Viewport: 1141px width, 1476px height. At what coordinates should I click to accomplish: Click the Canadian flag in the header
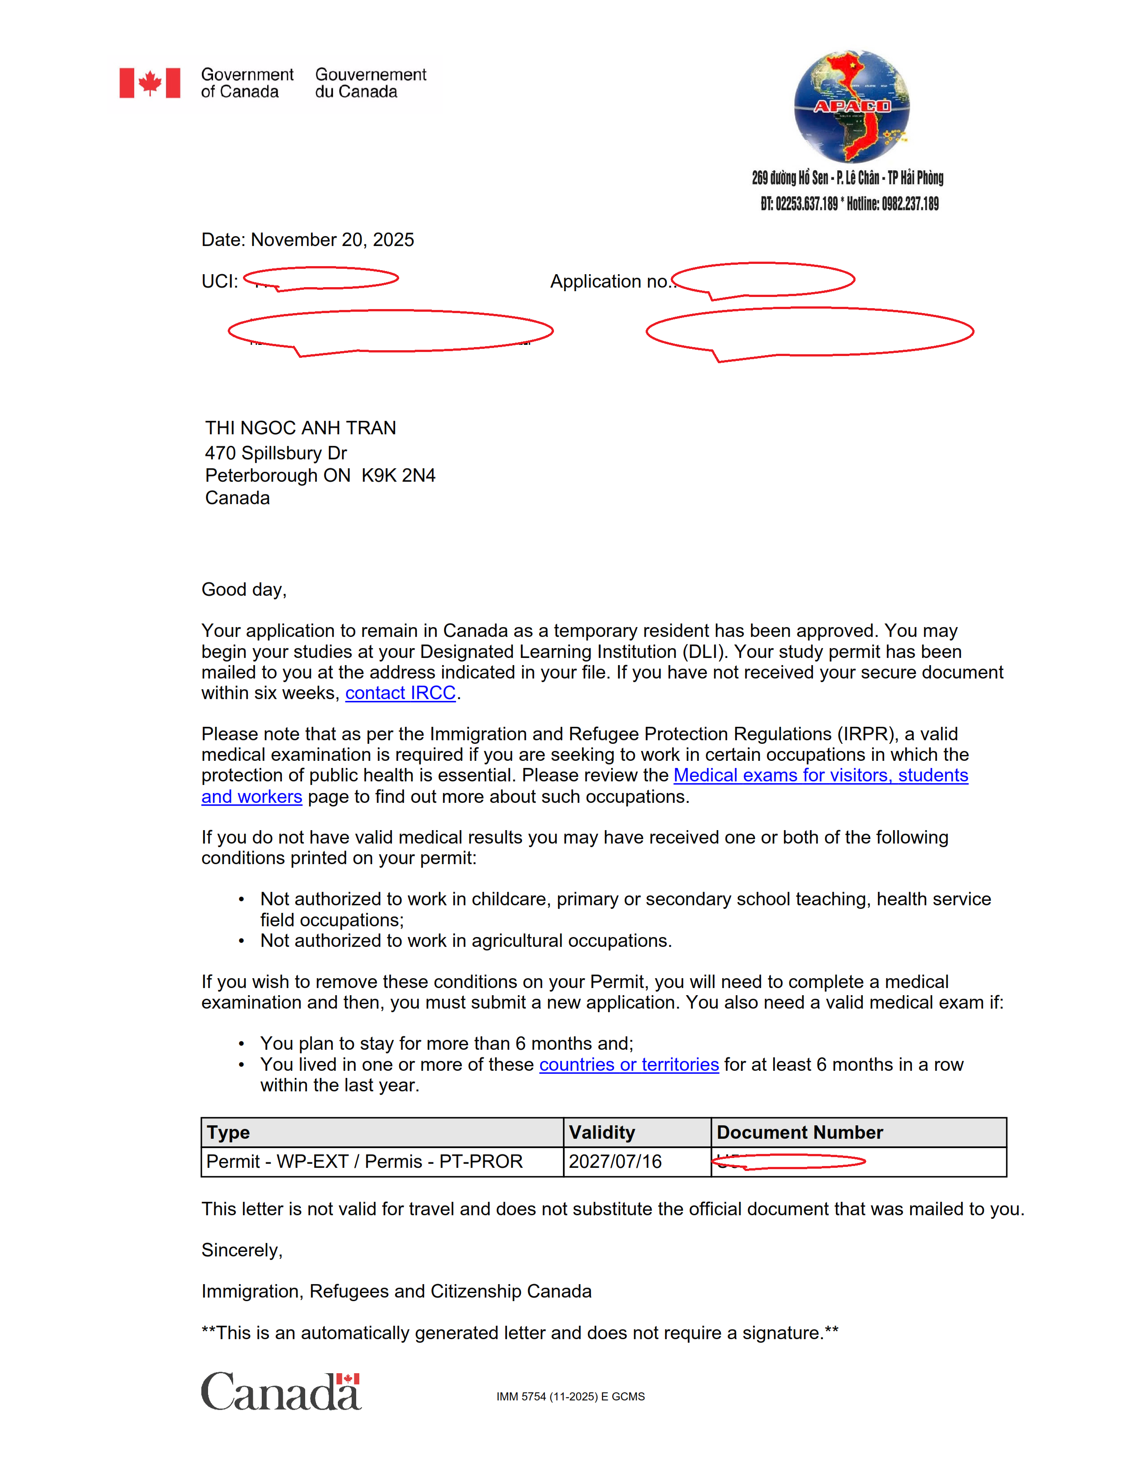(149, 83)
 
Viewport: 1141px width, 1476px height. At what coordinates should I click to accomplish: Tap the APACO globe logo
(851, 107)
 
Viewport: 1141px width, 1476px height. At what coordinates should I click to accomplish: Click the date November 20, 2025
(332, 240)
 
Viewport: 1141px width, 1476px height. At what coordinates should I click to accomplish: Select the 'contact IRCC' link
(400, 693)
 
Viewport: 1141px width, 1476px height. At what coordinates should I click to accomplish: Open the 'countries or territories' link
(629, 1065)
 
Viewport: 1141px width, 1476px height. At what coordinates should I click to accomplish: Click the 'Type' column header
(229, 1132)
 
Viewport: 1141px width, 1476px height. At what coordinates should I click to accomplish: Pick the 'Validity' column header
(601, 1132)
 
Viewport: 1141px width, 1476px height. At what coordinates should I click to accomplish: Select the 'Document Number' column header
(800, 1132)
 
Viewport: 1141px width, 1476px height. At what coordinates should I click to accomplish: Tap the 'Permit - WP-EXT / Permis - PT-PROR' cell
(364, 1161)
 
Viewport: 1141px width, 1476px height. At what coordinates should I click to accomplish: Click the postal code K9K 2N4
(398, 476)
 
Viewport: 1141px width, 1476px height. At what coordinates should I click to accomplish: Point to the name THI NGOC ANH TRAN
(301, 428)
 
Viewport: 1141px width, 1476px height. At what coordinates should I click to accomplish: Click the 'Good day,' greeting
(244, 590)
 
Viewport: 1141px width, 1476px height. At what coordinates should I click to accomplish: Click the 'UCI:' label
(220, 281)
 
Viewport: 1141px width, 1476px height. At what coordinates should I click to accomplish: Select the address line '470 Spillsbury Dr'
(276, 453)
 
